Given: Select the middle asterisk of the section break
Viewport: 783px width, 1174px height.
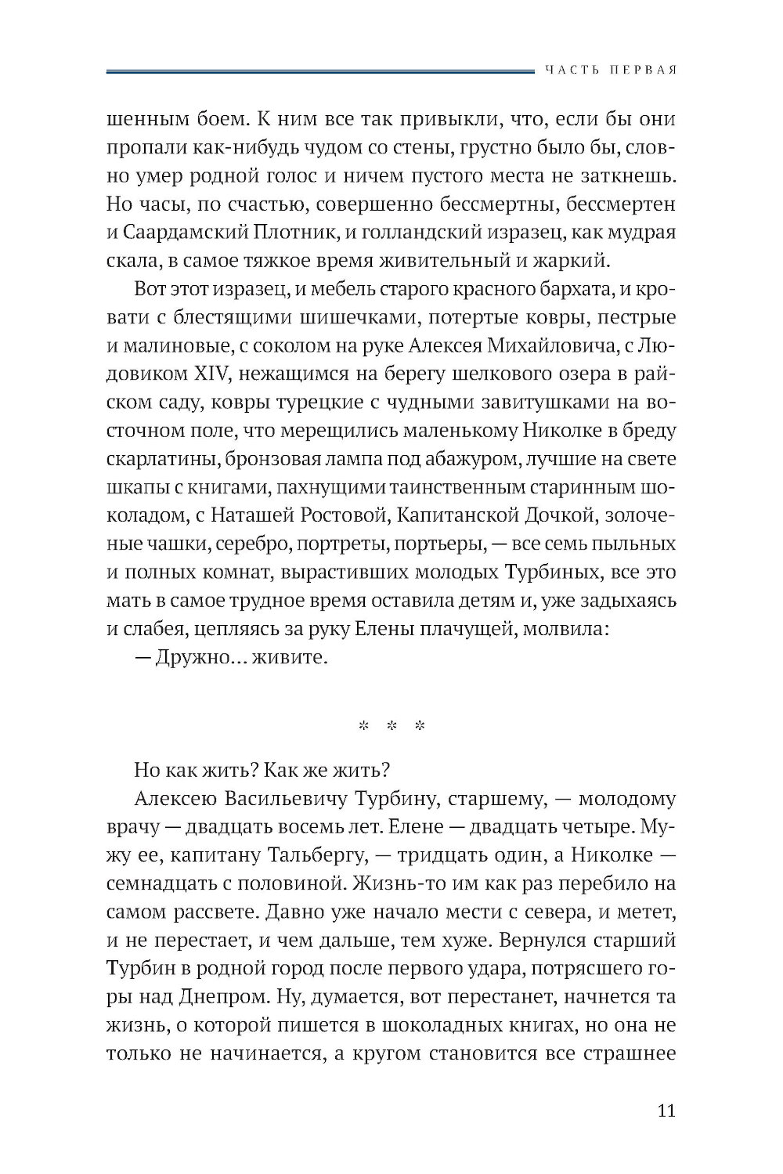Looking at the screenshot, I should (x=390, y=726).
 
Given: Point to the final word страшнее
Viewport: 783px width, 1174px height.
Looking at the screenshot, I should (x=630, y=1053).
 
